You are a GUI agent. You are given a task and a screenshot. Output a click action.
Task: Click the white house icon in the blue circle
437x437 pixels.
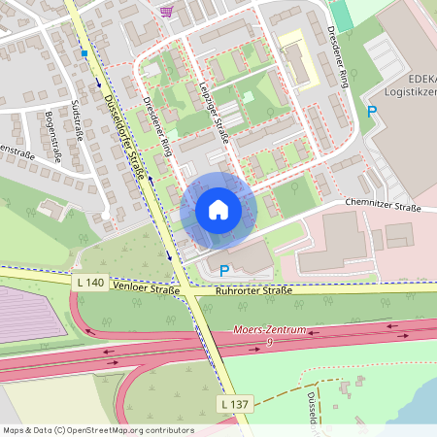(218, 210)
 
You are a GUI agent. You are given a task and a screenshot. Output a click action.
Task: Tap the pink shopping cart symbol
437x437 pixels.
(167, 10)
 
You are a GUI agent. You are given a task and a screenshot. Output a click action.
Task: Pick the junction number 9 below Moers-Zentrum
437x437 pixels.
(269, 342)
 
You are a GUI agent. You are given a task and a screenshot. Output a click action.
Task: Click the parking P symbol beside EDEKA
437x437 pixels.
(372, 112)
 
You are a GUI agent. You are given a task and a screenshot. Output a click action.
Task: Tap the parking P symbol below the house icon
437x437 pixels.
(224, 271)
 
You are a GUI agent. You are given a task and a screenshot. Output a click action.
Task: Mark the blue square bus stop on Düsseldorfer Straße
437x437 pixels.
(84, 53)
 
